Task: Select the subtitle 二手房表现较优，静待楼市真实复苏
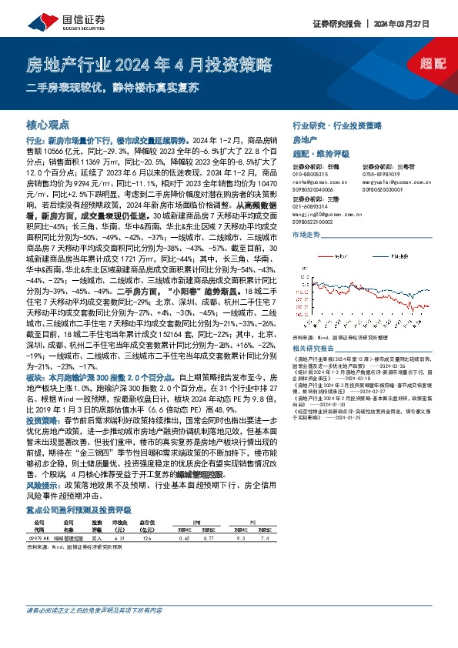[116, 85]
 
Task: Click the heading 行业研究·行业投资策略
[337, 124]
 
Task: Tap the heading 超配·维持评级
[319, 152]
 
